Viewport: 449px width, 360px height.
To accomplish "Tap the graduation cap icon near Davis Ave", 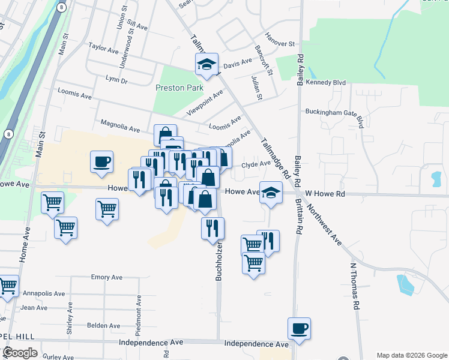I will pyautogui.click(x=206, y=64).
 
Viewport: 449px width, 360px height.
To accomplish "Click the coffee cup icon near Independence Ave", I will pyautogui.click(x=299, y=329).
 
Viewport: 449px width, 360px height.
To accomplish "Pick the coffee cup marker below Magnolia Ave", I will pyautogui.click(x=101, y=161).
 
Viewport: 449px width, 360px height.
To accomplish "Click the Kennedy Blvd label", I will pyautogui.click(x=327, y=82).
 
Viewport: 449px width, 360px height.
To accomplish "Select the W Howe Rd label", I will pyautogui.click(x=325, y=194).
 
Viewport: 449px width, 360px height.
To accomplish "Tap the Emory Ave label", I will pyautogui.click(x=106, y=277).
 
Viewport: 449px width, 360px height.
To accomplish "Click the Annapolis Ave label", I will pyautogui.click(x=44, y=293).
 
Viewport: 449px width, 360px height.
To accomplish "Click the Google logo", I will pyautogui.click(x=20, y=352).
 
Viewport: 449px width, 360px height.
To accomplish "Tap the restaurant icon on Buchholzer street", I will pyautogui.click(x=212, y=228).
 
